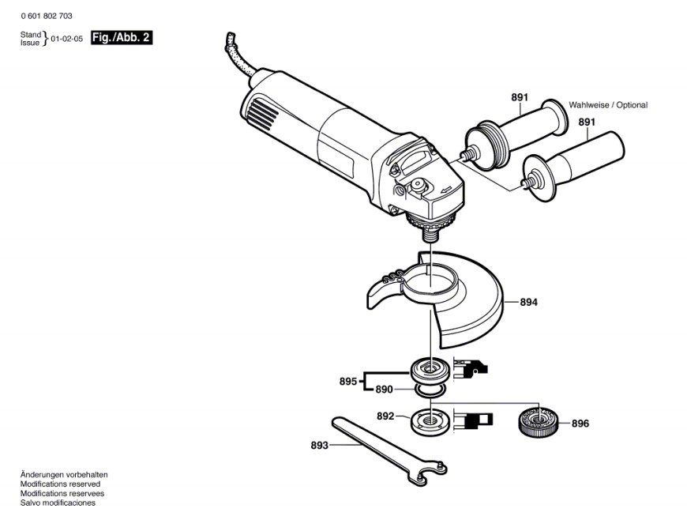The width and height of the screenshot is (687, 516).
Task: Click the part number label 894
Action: click(529, 302)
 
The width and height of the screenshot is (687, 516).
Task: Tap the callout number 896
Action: click(580, 424)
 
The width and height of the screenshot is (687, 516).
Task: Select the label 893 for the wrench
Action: click(320, 446)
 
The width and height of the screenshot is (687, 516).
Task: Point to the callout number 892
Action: click(385, 416)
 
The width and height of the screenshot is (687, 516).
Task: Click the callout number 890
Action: click(384, 389)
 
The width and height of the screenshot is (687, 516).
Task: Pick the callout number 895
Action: click(348, 382)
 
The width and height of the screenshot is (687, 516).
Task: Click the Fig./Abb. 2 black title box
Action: click(121, 37)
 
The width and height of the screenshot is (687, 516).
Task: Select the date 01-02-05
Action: click(66, 38)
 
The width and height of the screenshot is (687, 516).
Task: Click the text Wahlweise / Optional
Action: click(608, 105)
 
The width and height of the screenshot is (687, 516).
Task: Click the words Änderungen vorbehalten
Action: click(64, 475)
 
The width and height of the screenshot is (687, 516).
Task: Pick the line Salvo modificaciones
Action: click(58, 503)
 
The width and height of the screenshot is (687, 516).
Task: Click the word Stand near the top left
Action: click(30, 35)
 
